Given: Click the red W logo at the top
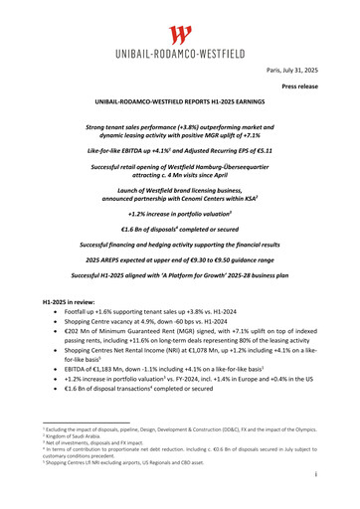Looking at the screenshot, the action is click(180, 37).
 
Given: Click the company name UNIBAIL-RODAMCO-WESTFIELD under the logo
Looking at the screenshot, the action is click(180, 58).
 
